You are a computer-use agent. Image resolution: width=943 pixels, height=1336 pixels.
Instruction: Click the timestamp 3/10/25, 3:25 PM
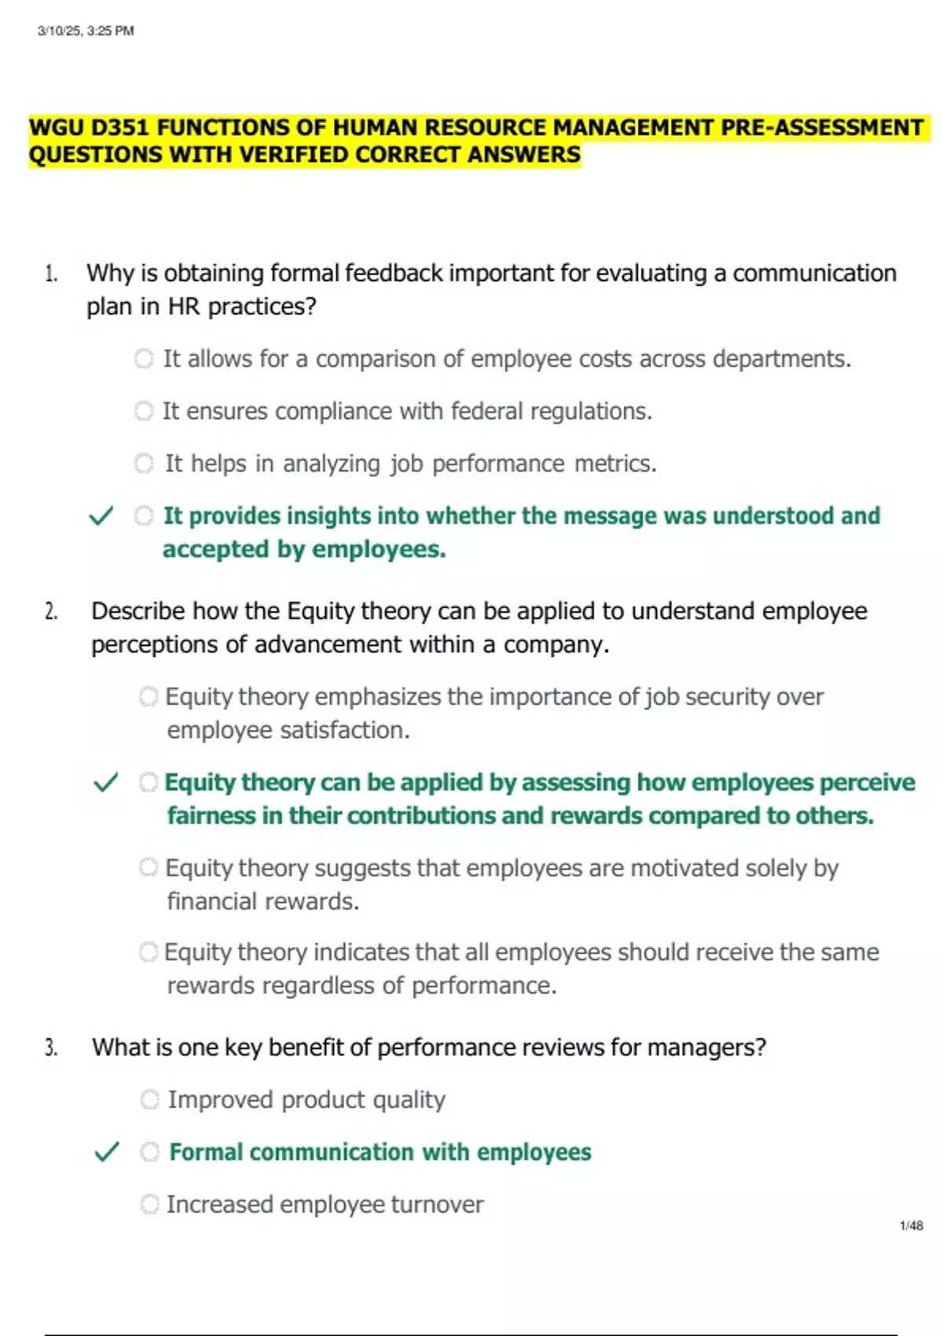[x=86, y=31]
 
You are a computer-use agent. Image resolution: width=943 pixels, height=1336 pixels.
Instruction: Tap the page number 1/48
[x=911, y=1225]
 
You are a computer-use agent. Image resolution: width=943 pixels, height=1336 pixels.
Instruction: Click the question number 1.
[x=51, y=273]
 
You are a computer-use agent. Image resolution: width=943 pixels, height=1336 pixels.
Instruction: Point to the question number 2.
[x=51, y=611]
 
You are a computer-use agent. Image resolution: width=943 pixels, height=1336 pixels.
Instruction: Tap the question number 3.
[x=51, y=1048]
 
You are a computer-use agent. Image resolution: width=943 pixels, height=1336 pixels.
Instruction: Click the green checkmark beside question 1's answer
[x=101, y=516]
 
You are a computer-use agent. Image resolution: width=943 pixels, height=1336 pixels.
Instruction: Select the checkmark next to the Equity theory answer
[x=105, y=783]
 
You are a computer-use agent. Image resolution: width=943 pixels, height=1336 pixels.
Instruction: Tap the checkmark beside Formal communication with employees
[x=106, y=1152]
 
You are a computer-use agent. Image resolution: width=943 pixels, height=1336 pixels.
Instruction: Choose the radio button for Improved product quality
[x=149, y=1099]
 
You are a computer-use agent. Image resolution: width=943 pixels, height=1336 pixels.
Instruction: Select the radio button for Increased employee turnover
[x=149, y=1204]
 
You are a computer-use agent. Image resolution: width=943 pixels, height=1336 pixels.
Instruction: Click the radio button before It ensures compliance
[x=144, y=411]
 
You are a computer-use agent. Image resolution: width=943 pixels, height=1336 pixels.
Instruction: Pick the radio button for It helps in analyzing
[x=144, y=464]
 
